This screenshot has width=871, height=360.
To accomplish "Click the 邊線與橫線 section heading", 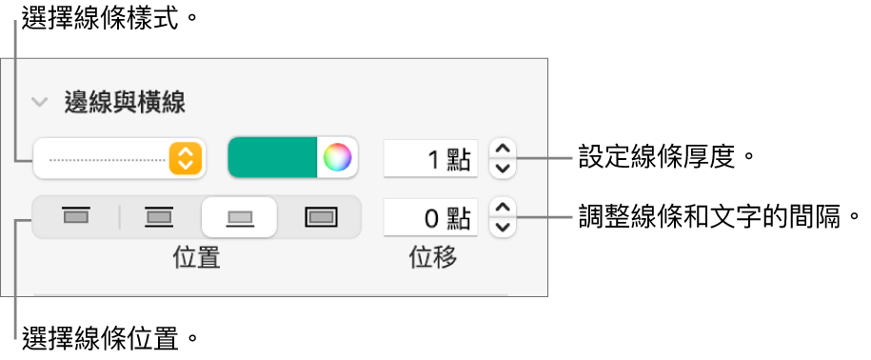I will [124, 101].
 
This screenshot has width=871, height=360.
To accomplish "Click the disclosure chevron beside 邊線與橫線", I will [40, 101].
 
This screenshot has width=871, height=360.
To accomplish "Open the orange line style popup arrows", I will [187, 158].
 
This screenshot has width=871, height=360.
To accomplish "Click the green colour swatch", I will [272, 158].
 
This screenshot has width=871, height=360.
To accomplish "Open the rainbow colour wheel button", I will [336, 158].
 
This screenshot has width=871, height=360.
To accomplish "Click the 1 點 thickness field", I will [429, 159].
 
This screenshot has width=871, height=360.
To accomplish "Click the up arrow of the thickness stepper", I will [504, 149].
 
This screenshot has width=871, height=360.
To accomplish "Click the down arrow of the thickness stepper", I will [504, 169].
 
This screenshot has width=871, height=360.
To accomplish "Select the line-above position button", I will [74, 217].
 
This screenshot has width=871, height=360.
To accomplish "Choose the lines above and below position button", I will [157, 217].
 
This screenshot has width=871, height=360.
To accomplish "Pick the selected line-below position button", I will [239, 217].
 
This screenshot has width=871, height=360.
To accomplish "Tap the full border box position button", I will [321, 217].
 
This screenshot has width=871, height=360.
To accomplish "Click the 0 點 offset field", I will [429, 218].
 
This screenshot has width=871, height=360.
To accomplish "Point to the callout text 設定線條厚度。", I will [660, 157].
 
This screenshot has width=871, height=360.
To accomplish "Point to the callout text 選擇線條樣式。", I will [99, 18].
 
